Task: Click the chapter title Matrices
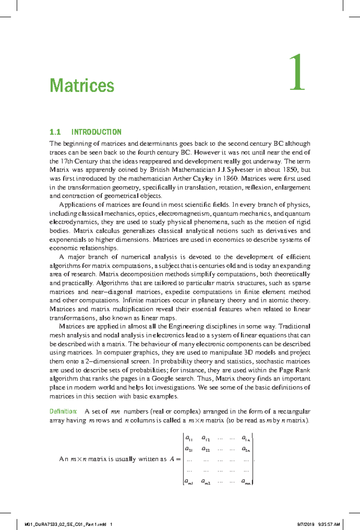pyautogui.click(x=82, y=86)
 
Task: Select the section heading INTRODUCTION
pyautogui.click(x=96, y=132)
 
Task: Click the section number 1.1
pyautogui.click(x=55, y=132)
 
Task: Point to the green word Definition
pyautogui.click(x=63, y=411)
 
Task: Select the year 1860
pyautogui.click(x=230, y=178)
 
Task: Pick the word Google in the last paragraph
pyautogui.click(x=163, y=379)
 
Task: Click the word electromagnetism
pyautogui.click(x=184, y=214)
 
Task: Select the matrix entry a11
pyautogui.click(x=189, y=438)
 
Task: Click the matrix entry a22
pyautogui.click(x=205, y=450)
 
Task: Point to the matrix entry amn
pyautogui.click(x=246, y=482)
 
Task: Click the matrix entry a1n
pyautogui.click(x=246, y=438)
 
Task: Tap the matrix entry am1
pyautogui.click(x=189, y=482)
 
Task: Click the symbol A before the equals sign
pyautogui.click(x=172, y=459)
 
